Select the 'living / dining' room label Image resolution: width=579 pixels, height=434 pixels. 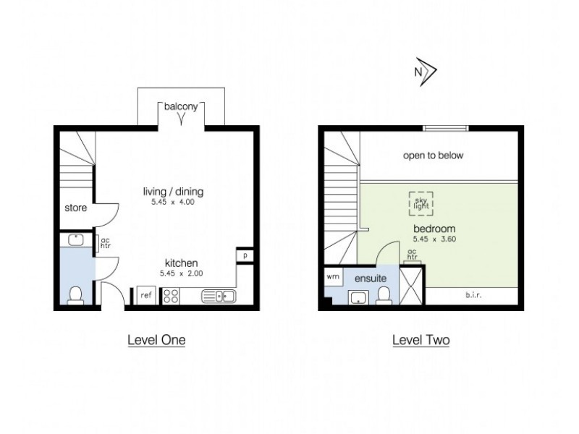click(x=174, y=192)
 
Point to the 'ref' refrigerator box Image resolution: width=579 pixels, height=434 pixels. click(x=145, y=295)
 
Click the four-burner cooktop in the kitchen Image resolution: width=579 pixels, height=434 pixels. click(x=172, y=295)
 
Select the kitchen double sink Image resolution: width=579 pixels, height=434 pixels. click(x=217, y=295)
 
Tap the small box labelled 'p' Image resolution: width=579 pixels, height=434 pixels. click(x=245, y=256)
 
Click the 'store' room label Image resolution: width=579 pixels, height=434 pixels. click(x=75, y=208)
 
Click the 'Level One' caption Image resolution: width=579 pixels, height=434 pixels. click(x=156, y=339)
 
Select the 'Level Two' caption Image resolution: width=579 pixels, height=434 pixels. click(x=420, y=339)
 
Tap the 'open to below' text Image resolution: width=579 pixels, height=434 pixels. click(x=433, y=156)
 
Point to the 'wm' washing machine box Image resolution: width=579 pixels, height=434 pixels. click(x=333, y=276)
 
